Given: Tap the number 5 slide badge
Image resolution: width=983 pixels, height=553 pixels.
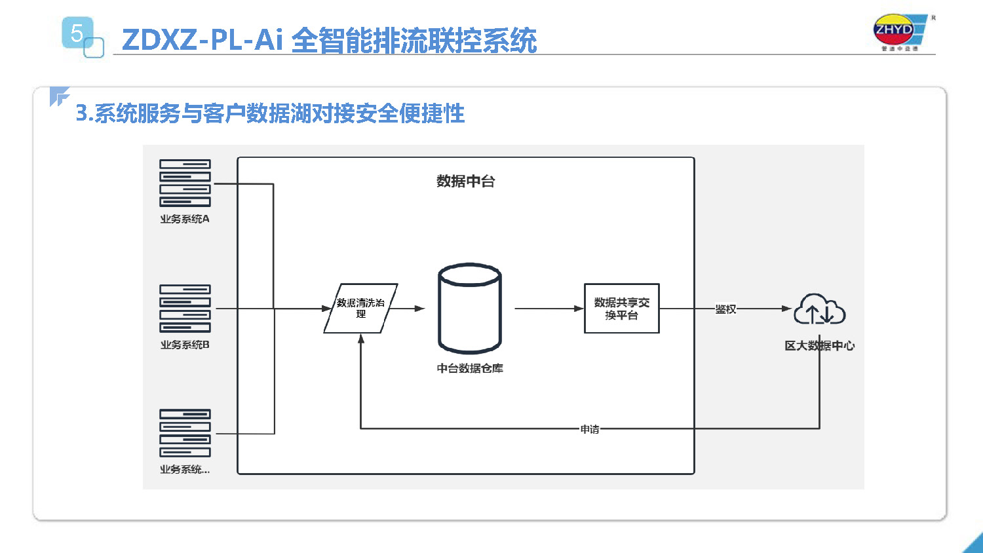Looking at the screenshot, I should [x=77, y=33].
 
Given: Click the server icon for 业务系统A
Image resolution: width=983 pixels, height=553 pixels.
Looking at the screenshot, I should [x=185, y=183].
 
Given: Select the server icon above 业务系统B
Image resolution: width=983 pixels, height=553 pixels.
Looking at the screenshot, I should [x=185, y=309].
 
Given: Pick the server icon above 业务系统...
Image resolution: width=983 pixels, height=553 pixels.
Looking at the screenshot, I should [x=185, y=433].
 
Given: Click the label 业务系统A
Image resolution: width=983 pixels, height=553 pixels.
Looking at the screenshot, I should [x=185, y=219].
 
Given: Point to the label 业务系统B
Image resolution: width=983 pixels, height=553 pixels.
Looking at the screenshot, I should [x=185, y=345].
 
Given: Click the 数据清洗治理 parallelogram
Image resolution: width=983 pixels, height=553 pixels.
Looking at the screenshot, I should [x=360, y=308].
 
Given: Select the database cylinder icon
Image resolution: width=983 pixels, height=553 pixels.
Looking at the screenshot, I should [x=469, y=308].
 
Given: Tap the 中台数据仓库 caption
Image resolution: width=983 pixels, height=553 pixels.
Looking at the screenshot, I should [x=469, y=368].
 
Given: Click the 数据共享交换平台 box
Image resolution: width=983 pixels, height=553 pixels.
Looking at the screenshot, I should [x=621, y=308].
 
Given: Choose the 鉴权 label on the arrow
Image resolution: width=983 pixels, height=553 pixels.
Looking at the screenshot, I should [x=725, y=309].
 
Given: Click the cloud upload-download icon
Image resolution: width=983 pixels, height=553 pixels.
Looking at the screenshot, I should [x=819, y=310].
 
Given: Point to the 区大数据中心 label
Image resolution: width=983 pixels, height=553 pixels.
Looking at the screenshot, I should [x=819, y=345].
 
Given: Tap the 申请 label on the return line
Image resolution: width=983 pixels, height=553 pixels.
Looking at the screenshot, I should [x=589, y=429].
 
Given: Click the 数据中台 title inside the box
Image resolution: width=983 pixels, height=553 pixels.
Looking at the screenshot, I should [x=465, y=181].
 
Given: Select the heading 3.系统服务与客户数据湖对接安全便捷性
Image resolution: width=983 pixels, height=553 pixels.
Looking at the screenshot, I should [x=270, y=113].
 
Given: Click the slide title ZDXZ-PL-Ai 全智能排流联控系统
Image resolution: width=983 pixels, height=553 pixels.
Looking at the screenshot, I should [x=329, y=40].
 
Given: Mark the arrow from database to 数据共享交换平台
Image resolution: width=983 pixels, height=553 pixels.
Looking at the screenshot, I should [x=549, y=308].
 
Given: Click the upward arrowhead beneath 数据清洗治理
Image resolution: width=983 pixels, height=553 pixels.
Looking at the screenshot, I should [x=360, y=339].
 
